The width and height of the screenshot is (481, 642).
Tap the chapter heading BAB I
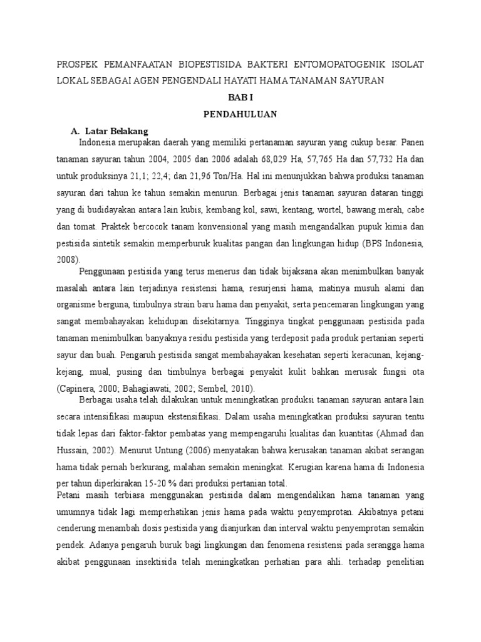(240, 98)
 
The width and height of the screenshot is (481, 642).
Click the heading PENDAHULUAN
(240, 115)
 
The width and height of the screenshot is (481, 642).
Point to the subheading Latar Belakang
(118, 131)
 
